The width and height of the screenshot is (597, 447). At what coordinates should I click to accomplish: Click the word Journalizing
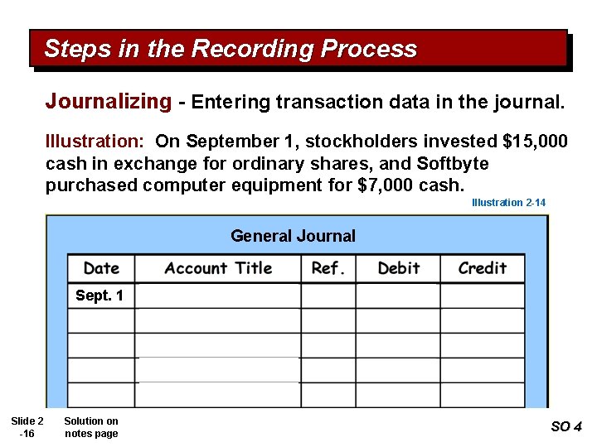click(108, 102)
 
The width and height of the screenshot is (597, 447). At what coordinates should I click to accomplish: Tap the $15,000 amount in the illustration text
click(536, 142)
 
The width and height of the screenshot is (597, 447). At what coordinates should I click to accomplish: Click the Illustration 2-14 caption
click(508, 203)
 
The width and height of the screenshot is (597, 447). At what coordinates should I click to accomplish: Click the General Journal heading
click(293, 236)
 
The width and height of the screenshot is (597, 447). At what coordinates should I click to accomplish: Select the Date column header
click(102, 268)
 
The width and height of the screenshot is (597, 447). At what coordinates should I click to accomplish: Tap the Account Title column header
click(218, 268)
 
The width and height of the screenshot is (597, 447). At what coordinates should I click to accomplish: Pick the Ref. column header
click(328, 268)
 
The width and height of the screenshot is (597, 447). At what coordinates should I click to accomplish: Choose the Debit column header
click(398, 268)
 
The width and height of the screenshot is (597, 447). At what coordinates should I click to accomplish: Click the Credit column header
click(482, 268)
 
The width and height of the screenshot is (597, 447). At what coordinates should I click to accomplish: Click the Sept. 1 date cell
click(99, 296)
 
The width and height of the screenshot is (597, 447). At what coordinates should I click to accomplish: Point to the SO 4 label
click(566, 427)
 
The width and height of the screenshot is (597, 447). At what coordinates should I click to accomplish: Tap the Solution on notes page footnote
click(91, 427)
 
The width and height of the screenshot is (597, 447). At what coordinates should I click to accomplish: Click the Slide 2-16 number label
click(27, 427)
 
